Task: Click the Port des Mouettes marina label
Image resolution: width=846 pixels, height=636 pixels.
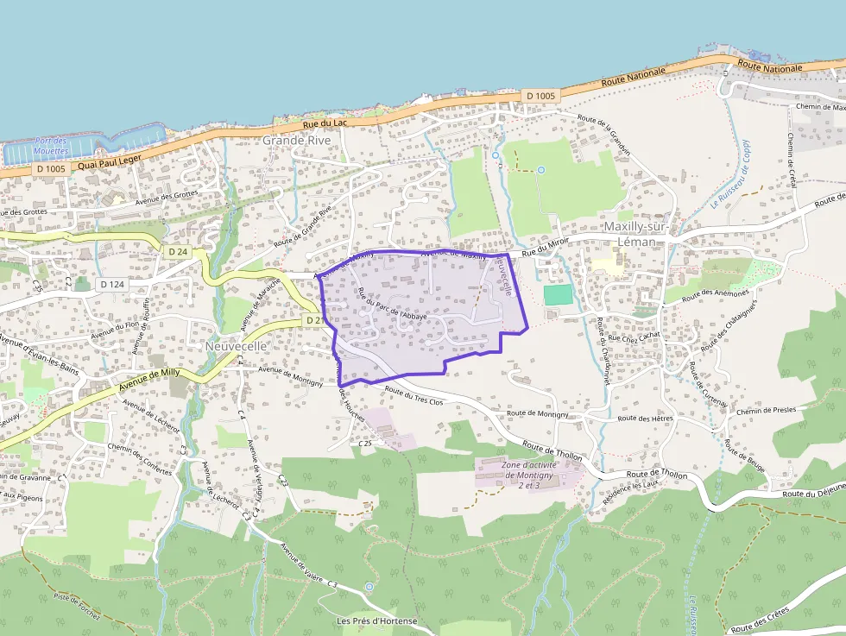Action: coord(52,146)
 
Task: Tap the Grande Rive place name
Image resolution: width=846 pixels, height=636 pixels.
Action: coord(296,140)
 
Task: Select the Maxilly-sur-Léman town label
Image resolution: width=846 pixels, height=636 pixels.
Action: coord(636,233)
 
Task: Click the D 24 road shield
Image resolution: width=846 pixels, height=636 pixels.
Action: coord(178,251)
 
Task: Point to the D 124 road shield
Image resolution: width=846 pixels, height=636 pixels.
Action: coord(112,284)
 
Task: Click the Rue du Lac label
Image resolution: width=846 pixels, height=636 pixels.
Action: coord(325,123)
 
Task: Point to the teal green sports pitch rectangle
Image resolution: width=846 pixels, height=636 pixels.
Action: coord(558,294)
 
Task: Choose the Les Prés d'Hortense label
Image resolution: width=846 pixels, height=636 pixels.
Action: coord(377,621)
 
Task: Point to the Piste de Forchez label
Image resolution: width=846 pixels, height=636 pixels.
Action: coord(77,608)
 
